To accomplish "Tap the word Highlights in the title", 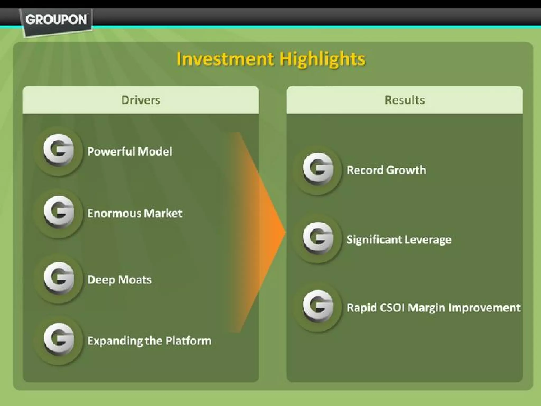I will pyautogui.click(x=323, y=59).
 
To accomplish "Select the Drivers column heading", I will pyautogui.click(x=141, y=100).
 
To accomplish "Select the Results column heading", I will pyautogui.click(x=404, y=100).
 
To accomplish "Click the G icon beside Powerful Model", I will pyautogui.click(x=59, y=151).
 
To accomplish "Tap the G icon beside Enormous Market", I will pyautogui.click(x=59, y=213).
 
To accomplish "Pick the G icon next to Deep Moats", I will pyautogui.click(x=59, y=279).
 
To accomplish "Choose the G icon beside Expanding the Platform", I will pyautogui.click(x=59, y=340).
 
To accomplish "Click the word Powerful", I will pyautogui.click(x=111, y=152).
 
